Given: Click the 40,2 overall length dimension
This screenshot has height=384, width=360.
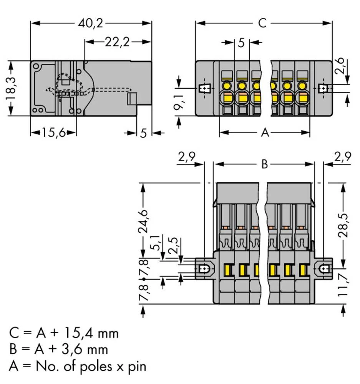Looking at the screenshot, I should [x=90, y=23].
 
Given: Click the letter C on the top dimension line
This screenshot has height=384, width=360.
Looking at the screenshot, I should [x=262, y=23].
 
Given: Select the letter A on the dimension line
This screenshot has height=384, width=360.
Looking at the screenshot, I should [x=265, y=133].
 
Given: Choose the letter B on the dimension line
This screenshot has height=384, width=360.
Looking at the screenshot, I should [x=264, y=164].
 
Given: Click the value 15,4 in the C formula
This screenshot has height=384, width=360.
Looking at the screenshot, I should [x=81, y=333].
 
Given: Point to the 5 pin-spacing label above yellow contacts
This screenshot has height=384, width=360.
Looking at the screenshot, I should [x=241, y=43].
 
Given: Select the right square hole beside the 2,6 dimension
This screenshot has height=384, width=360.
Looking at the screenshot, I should [x=324, y=89].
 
